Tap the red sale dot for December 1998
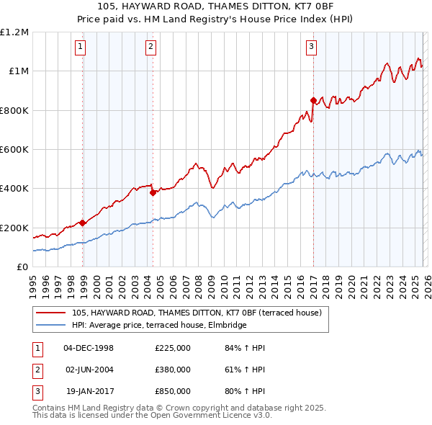[83, 223]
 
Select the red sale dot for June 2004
[153, 192]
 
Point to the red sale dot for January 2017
[313, 101]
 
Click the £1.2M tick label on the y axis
[14, 32]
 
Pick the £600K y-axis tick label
[14, 150]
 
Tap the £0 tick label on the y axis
[22, 267]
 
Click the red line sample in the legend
[52, 313]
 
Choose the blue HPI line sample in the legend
[52, 325]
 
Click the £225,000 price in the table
[173, 348]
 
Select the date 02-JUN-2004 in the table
[89, 370]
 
